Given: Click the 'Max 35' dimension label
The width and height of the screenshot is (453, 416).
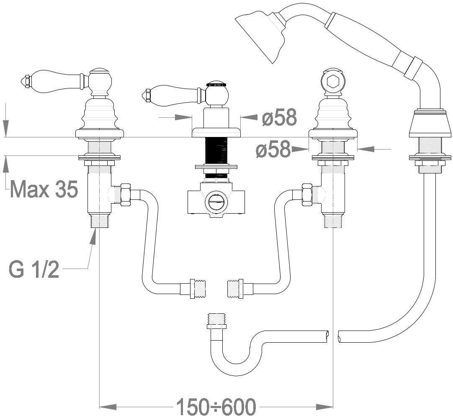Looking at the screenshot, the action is coord(44,189).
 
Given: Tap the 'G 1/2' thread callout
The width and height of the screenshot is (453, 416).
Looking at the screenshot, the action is coord(34,269).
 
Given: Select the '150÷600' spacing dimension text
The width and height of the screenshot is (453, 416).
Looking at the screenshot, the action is coord(216,406).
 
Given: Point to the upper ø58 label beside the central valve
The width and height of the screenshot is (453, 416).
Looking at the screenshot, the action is coord(280,117).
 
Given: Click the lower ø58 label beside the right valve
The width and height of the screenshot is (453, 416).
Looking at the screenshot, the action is coord(273,150).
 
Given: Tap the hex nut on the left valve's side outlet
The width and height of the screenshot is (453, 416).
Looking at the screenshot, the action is coord(125,195).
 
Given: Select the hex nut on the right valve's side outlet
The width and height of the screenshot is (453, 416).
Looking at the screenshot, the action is coord(307,195).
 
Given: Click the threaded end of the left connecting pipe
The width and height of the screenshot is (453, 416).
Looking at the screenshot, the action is coord(198,289).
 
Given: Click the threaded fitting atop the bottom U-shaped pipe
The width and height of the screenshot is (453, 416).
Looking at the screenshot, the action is coord(216,320).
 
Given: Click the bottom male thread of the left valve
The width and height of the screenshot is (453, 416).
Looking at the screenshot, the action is coord(99,221).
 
